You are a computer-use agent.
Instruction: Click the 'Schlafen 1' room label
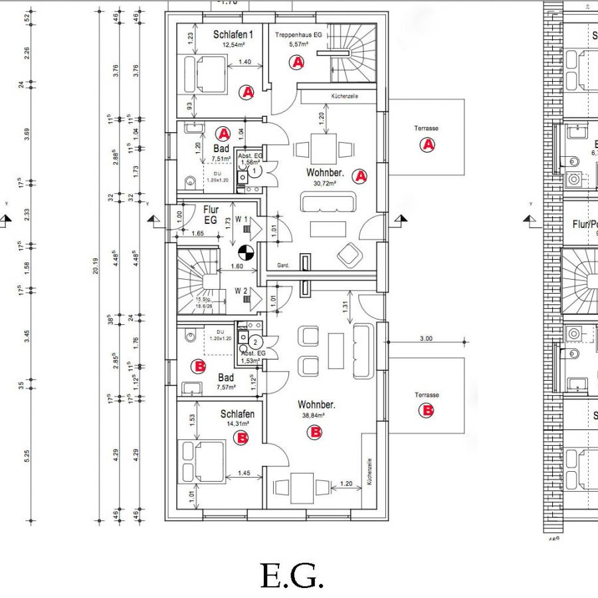coord(233,35)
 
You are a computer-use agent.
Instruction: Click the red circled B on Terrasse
coord(427,411)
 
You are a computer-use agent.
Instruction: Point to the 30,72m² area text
coord(322,183)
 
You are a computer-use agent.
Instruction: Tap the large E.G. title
coord(292,576)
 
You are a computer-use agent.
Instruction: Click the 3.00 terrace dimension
coord(426,338)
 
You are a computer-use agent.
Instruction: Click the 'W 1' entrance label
coord(242,220)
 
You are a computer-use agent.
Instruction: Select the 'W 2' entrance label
coord(242,290)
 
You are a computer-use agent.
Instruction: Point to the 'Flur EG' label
coord(211,214)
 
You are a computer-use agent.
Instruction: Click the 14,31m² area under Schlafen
coord(237,423)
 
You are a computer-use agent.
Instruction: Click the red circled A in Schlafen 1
coord(247,92)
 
